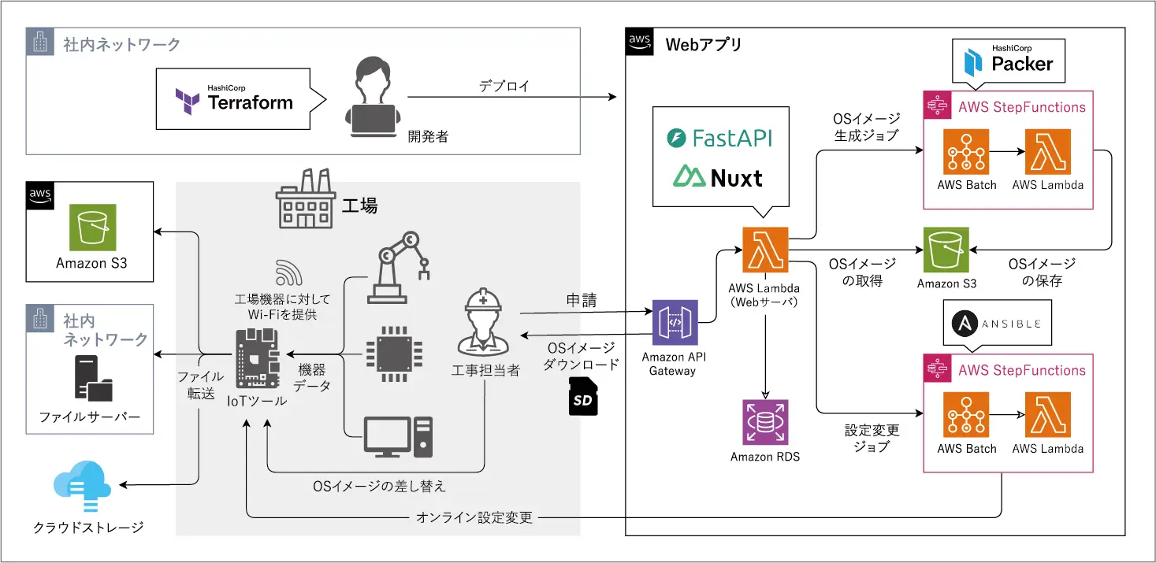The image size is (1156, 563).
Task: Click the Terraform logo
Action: coord(235,99)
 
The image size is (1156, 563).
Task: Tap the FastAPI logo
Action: coord(719,139)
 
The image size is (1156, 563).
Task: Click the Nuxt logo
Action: coord(718,177)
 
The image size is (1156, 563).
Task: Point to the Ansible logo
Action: coord(997,323)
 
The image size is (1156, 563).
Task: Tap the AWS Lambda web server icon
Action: coord(765,250)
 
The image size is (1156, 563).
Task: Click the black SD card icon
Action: coord(582,398)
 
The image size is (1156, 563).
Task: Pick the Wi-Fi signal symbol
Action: coord(289,272)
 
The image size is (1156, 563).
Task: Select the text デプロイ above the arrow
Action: coord(504,85)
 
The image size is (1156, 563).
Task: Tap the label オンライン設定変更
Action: coord(474,517)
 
